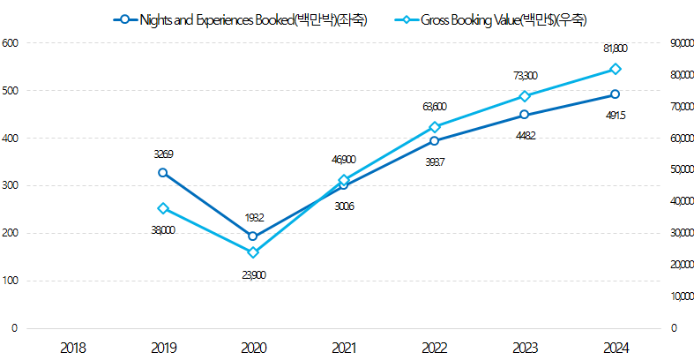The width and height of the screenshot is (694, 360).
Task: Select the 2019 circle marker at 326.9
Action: point(163,173)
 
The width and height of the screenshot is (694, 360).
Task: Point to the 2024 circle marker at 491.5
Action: point(615,94)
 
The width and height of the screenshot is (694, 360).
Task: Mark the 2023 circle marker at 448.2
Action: point(524,115)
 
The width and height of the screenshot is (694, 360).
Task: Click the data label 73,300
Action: point(524,76)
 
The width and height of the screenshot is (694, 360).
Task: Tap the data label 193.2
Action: point(253,217)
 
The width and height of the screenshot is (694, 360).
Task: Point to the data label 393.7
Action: point(434,161)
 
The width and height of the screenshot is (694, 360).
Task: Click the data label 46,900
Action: point(344,160)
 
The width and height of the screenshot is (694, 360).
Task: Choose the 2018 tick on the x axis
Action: point(73,348)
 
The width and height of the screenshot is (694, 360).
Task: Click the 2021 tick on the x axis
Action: point(344,348)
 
